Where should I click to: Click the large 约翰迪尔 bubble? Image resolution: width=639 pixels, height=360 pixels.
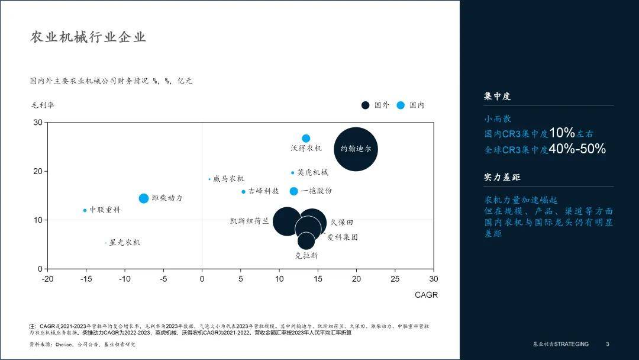pos(356,149)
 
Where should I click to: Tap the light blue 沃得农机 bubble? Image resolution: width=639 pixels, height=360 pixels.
pos(306,139)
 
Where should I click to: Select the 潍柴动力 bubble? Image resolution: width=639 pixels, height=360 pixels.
pos(144,198)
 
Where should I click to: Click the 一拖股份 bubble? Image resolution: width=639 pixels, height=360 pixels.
pos(293,191)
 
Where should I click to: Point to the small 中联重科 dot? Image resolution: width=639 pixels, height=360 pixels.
pos(85,210)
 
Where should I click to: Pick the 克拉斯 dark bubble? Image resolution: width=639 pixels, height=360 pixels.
pos(306,240)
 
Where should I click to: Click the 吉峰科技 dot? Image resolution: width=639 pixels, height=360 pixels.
pos(243,191)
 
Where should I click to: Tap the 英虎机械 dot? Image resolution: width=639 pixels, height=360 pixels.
pos(292,173)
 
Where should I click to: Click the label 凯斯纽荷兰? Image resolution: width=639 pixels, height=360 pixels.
pos(249,221)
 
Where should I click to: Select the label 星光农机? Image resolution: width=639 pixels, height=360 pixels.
pos(125,242)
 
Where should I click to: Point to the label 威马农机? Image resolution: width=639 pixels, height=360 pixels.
pos(228,179)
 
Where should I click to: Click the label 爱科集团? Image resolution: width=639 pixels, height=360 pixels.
pos(343,237)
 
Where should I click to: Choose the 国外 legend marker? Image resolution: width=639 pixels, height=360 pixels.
pos(366,105)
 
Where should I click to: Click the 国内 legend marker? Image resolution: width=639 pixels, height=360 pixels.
pos(401,105)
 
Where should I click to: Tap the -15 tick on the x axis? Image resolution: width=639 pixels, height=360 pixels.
pos(86,279)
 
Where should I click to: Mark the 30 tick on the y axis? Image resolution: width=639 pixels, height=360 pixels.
pos(38,123)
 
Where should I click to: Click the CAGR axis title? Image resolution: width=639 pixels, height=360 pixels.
pos(426,294)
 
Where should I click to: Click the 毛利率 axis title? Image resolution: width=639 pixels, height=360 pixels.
pos(43,105)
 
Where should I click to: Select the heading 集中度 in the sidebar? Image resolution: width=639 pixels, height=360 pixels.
pos(497,96)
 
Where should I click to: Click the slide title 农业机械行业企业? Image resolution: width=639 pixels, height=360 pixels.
pos(88,37)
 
